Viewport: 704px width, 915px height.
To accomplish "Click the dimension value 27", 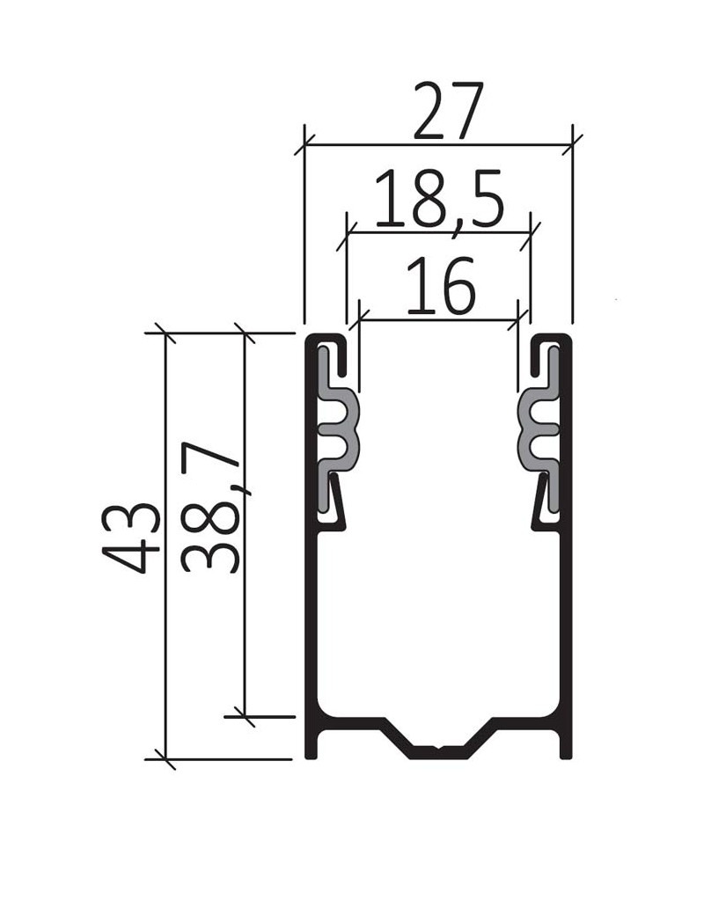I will pyautogui.click(x=448, y=113).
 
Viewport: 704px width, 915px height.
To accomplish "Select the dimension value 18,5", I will pyautogui.click(x=439, y=201).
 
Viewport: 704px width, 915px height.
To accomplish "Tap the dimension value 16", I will pyautogui.click(x=441, y=287).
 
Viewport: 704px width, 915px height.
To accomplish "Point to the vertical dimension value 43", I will pyautogui.click(x=131, y=538).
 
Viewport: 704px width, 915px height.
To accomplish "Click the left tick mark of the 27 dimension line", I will pyautogui.click(x=304, y=145).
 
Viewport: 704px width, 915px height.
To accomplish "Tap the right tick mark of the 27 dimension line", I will pyautogui.click(x=573, y=145).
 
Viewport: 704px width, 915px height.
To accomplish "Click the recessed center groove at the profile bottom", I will pyautogui.click(x=439, y=750).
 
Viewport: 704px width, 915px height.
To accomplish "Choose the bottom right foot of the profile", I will pyautogui.click(x=566, y=747).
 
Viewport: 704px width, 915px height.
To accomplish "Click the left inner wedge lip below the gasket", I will pyautogui.click(x=336, y=505).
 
